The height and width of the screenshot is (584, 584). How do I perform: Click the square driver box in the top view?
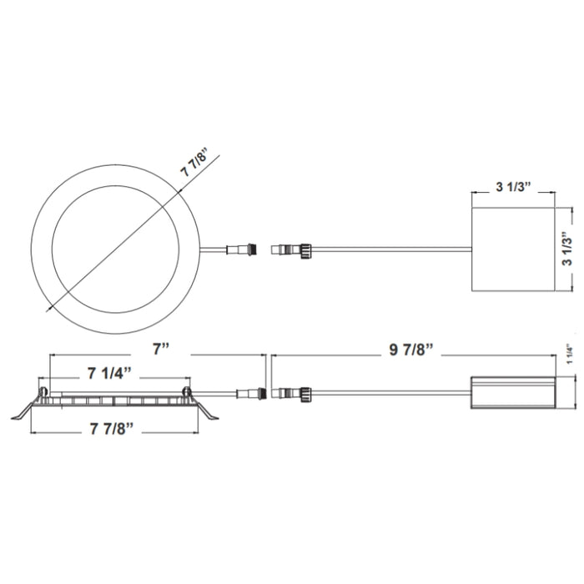[513, 251]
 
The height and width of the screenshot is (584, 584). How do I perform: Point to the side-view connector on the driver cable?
[292, 392]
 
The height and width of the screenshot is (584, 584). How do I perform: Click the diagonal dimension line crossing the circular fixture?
[125, 242]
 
